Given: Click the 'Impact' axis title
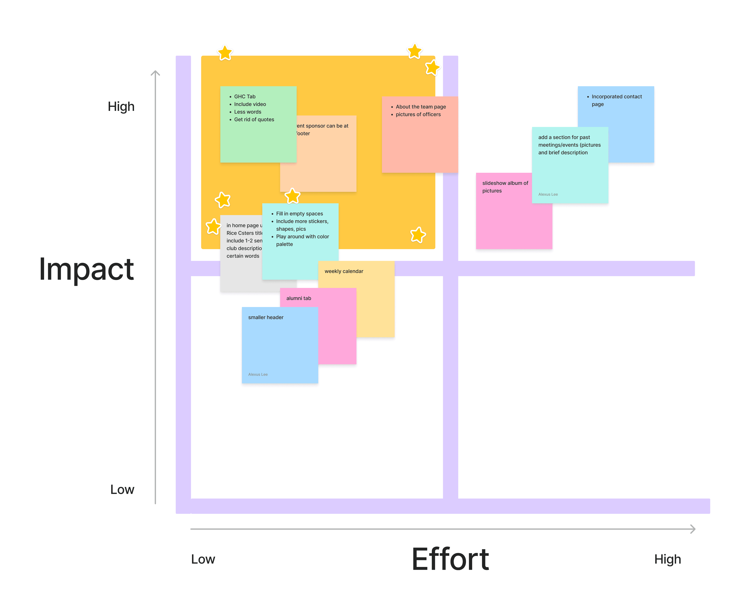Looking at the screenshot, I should coord(86,269).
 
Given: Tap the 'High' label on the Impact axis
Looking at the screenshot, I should coord(121,106).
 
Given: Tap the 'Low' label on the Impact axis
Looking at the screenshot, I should coord(122,489).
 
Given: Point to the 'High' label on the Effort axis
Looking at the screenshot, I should coord(667,559).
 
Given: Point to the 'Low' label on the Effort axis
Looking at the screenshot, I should coord(203,559).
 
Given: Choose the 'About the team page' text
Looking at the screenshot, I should coord(421,107).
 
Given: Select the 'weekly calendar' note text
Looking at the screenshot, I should coord(343,271).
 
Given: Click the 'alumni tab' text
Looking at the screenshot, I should coord(298,298).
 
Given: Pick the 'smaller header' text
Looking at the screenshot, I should coord(266,317).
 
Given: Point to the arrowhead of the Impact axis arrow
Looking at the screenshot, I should coord(155,73).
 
